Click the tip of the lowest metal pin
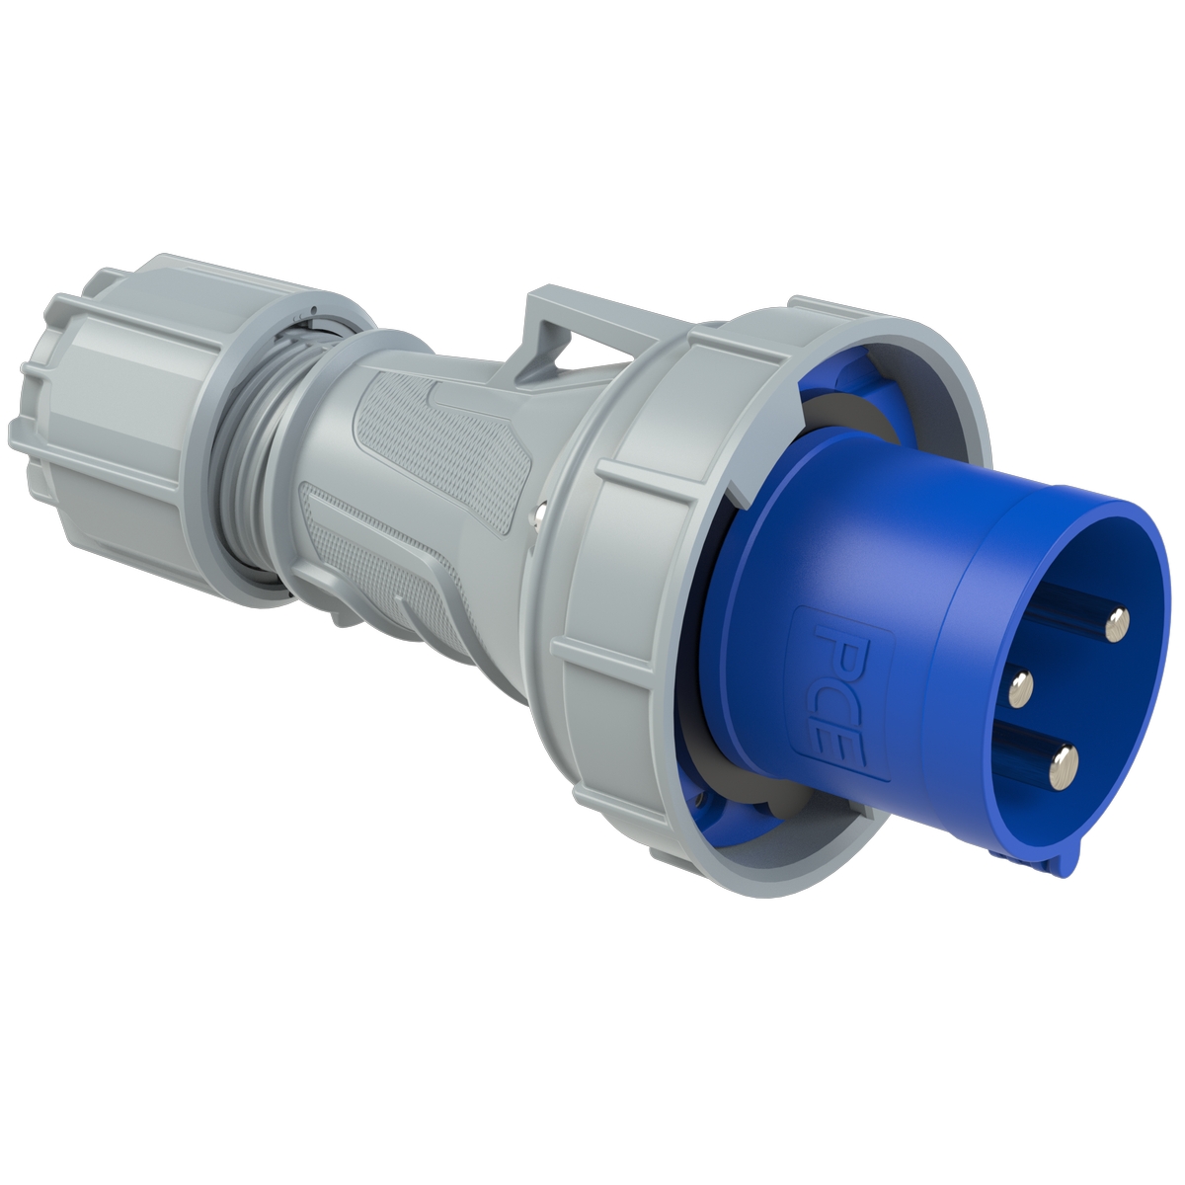click(1065, 761)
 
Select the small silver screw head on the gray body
click(538, 511)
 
